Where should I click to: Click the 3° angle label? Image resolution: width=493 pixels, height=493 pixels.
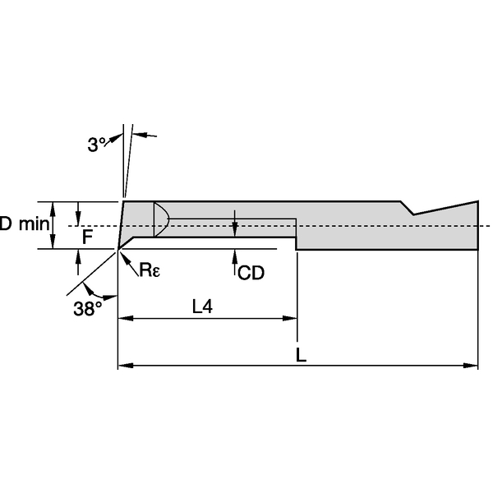coord(97,145)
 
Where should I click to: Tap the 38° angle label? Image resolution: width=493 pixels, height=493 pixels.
coord(88,309)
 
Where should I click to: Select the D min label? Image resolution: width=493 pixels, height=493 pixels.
coord(23,223)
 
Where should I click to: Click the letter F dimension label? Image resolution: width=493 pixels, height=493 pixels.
coord(86,236)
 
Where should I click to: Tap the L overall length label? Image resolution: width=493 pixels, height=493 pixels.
coord(302,355)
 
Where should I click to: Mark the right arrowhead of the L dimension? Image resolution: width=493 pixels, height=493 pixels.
coord(472,365)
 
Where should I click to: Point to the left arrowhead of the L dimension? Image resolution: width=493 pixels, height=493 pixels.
coord(125,365)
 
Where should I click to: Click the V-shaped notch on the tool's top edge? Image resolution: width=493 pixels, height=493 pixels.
coord(413,213)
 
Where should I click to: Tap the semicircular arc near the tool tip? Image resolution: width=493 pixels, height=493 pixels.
coord(163,219)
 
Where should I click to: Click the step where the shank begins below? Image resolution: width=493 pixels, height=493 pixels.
coord(296,244)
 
